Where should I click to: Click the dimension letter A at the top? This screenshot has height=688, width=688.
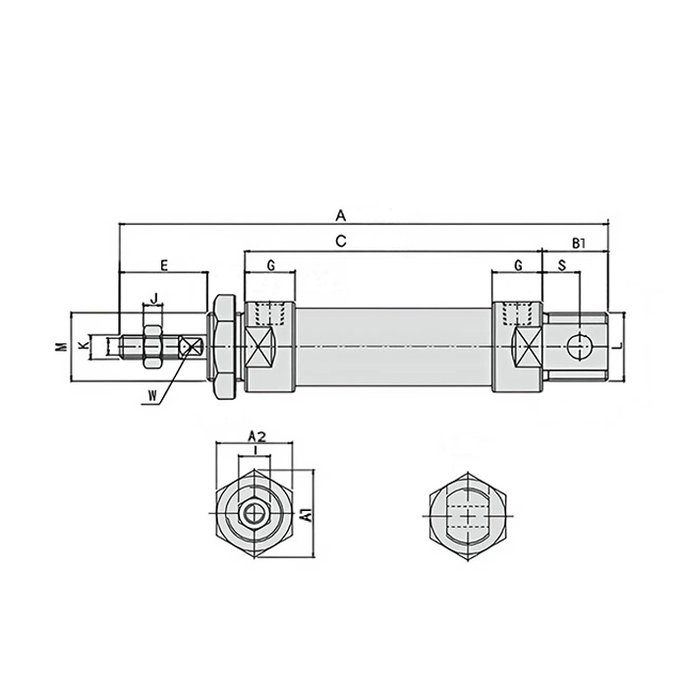[x=341, y=214]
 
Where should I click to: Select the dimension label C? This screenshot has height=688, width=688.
[x=340, y=241]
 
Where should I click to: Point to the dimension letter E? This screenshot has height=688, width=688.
[x=164, y=265]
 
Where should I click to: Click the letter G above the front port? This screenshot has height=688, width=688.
[x=270, y=266]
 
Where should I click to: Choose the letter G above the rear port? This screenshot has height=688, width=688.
[x=518, y=266]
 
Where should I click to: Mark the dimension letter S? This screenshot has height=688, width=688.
[x=561, y=266]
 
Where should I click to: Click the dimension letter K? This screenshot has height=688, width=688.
[x=84, y=346]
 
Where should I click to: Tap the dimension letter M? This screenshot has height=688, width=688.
[x=60, y=346]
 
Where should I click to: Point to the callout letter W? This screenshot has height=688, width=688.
[x=150, y=395]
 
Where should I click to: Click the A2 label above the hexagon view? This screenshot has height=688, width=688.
[x=256, y=435]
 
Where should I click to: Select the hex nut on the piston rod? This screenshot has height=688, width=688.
[x=152, y=346]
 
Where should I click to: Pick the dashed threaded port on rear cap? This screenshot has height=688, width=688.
[x=517, y=315]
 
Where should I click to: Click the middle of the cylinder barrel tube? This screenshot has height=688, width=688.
[x=393, y=346]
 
